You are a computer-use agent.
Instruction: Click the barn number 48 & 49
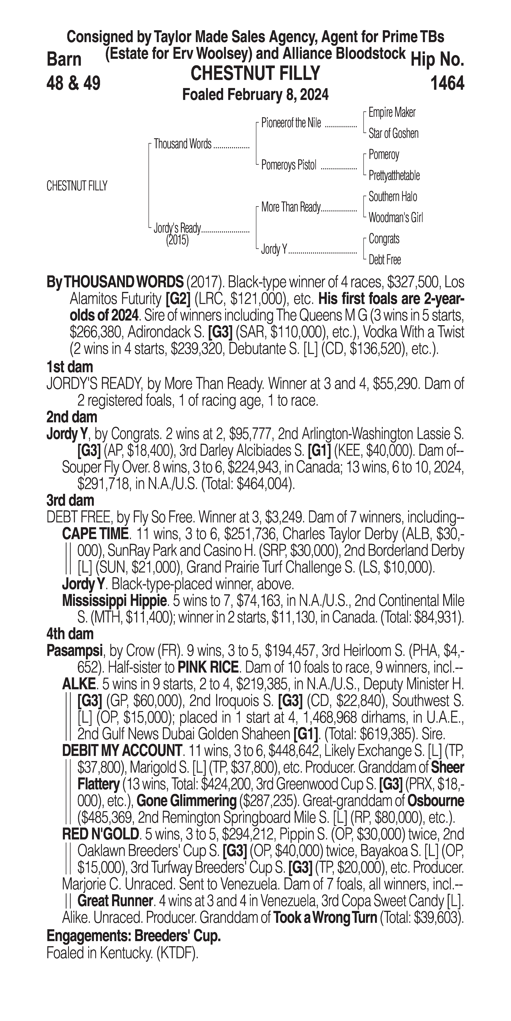[x=73, y=83]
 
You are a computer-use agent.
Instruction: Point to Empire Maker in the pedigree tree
[x=392, y=113]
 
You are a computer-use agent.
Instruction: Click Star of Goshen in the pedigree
[x=393, y=134]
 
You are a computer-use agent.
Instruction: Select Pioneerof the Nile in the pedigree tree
[x=291, y=123]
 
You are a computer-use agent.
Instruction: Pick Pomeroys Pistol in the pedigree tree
[x=289, y=165]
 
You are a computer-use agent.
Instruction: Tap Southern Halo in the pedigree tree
[x=393, y=197]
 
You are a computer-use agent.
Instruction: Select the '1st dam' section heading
[x=70, y=367]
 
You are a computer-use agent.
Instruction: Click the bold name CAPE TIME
[x=95, y=534]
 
